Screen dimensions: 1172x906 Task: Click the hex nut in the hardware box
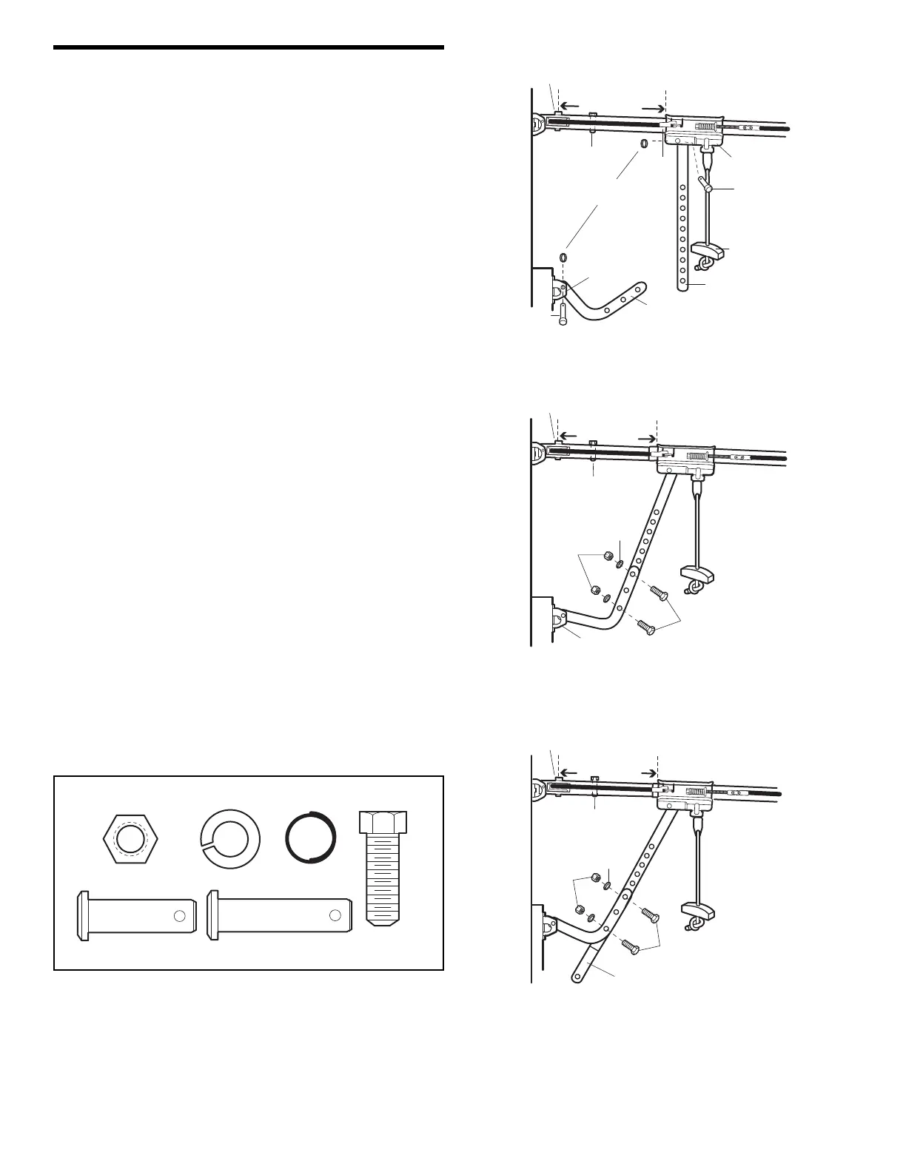coord(131,837)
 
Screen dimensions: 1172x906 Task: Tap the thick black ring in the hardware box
coord(311,837)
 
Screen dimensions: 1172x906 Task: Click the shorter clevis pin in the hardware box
coord(137,916)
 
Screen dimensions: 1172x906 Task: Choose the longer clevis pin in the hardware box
coord(281,916)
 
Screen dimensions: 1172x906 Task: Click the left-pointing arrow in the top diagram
coord(569,105)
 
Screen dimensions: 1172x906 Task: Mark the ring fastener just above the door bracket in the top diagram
coord(563,257)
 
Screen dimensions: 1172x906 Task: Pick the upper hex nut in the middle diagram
coord(607,555)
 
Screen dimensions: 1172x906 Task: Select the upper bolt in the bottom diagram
coord(649,915)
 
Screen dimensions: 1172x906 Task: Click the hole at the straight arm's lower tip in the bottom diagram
coord(577,977)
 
